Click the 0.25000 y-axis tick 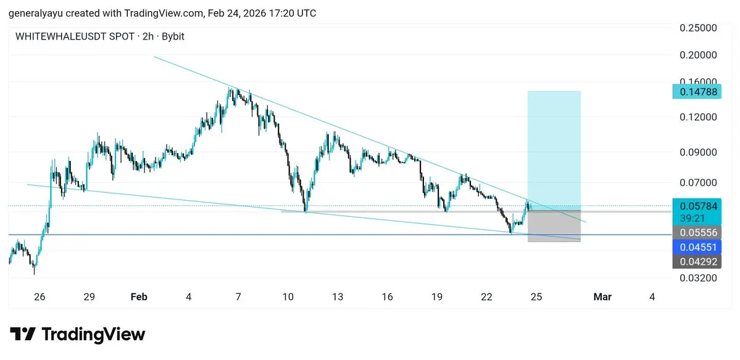pos(697,28)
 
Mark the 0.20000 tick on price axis pos(697,55)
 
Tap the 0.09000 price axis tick pos(697,152)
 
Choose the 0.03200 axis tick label pos(697,278)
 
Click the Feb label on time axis pos(139,297)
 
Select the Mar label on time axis pos(602,297)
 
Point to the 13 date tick pos(337,297)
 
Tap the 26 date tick pos(39,297)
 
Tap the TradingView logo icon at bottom pos(23,335)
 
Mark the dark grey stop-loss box pos(554,226)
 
